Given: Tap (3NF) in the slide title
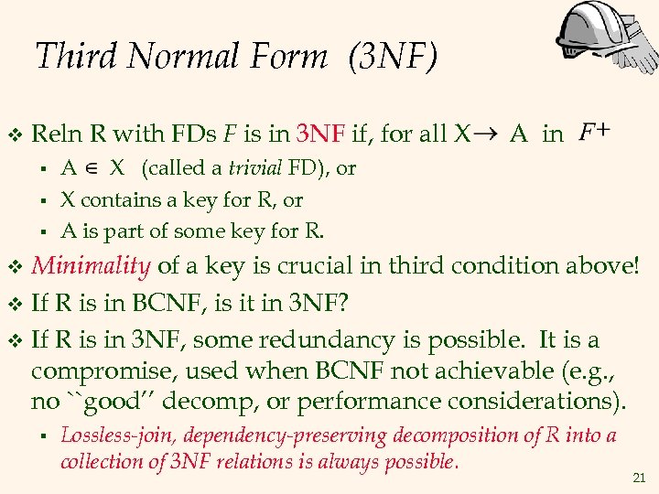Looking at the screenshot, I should point(393,57).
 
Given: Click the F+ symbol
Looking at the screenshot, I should point(596,134).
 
